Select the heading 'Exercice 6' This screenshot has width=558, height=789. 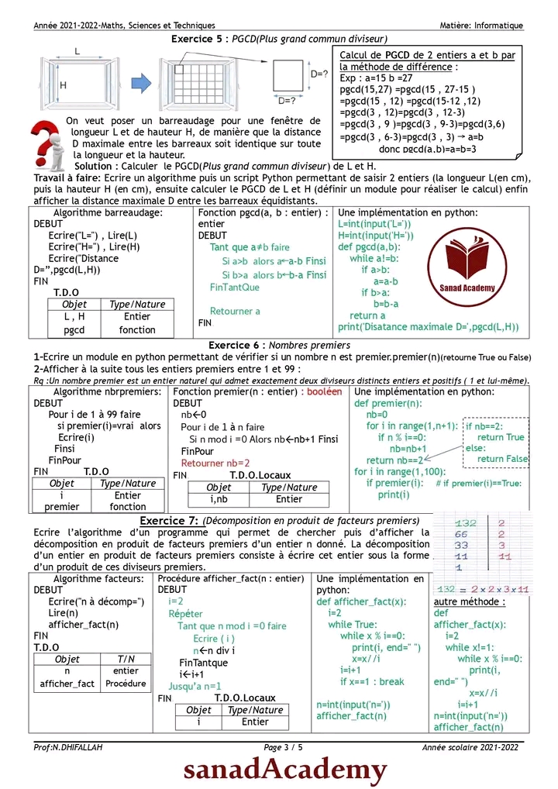coord(236,345)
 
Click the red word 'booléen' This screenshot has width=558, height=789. coord(324,392)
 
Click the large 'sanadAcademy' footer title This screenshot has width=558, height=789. coord(284,770)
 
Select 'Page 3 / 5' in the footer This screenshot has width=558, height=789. coord(284,747)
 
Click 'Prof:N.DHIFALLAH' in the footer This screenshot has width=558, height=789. coord(67,747)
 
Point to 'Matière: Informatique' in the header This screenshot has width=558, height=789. coord(481,26)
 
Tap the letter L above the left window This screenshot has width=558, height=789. coord(77,50)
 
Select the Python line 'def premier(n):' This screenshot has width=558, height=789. coord(388,403)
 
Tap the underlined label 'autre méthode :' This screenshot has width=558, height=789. coord(470,601)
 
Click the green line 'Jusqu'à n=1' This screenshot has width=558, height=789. coord(195,686)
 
